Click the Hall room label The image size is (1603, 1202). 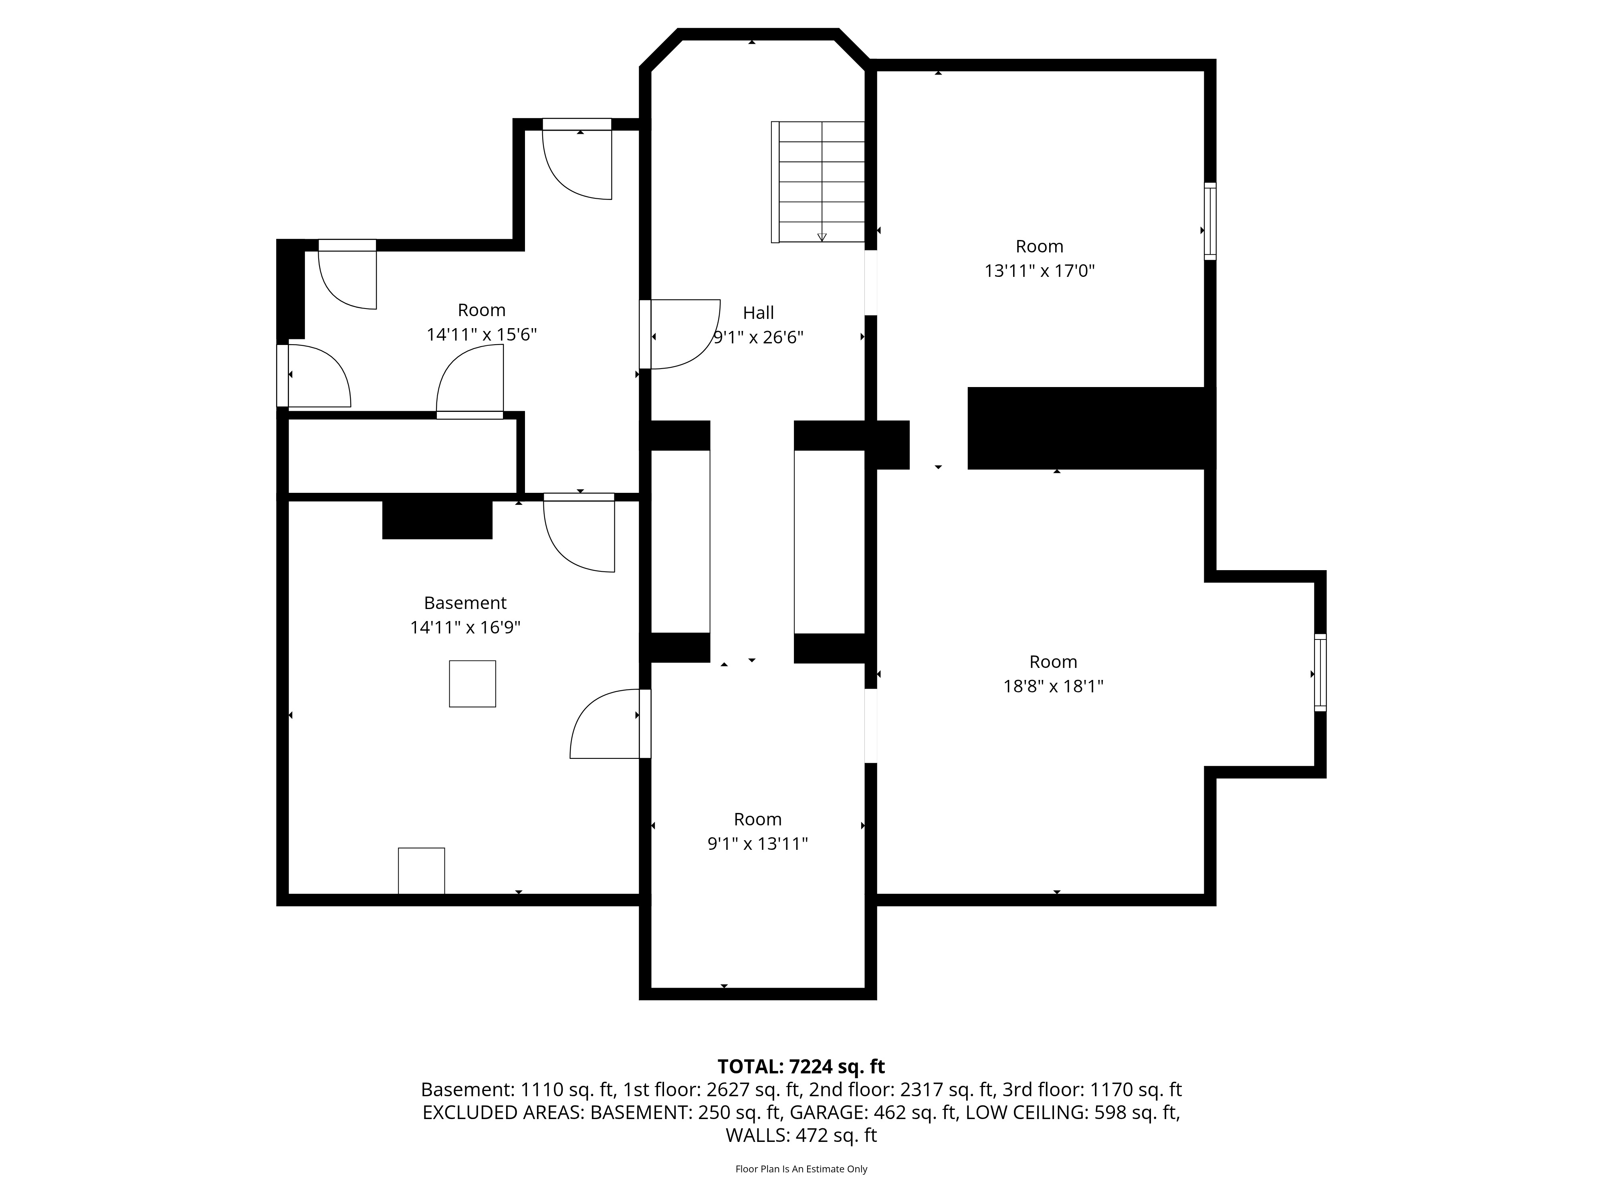coord(758,313)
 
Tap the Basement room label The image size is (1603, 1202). coord(465,603)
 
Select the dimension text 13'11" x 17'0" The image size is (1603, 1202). coord(1039,271)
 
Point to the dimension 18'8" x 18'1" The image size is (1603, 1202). coord(1053,686)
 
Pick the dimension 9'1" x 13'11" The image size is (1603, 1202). coord(757,843)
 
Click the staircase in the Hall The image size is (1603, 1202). coord(818,182)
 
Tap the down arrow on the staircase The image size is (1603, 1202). coord(822,236)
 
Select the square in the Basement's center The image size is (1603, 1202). coord(472,683)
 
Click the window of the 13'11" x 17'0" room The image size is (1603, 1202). coord(1210,221)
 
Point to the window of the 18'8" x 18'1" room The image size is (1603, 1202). coord(1320,672)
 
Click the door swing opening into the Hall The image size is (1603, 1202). coord(681,334)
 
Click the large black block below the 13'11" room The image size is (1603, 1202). coord(1091,428)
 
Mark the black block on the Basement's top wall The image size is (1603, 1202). coord(437,517)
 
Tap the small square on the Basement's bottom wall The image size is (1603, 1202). coord(421,871)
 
